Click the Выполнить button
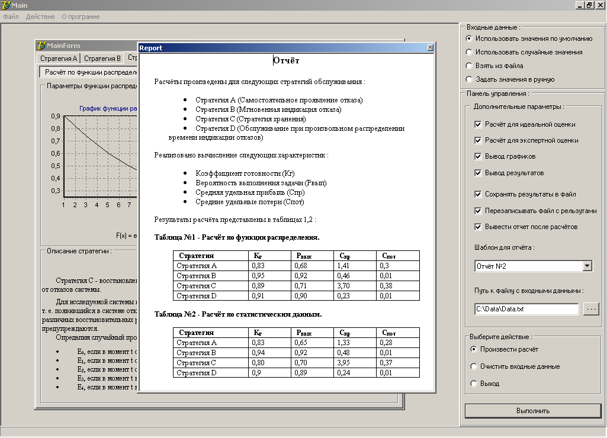tap(532, 411)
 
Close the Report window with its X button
tap(430, 48)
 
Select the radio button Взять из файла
tap(469, 66)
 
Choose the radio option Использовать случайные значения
tap(469, 52)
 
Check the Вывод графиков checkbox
tap(478, 156)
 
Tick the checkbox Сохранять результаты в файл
tap(478, 194)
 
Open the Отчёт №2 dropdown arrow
tap(587, 266)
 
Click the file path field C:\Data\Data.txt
tap(526, 309)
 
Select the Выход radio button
tap(473, 384)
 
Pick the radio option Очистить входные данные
tap(473, 366)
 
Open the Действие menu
tap(40, 17)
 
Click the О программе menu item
tap(81, 17)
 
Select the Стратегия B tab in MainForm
tap(102, 59)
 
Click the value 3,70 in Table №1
tap(346, 286)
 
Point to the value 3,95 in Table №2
tap(346, 363)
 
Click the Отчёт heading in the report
tap(287, 60)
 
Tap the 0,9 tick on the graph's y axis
tap(55, 116)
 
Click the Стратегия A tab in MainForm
tap(58, 59)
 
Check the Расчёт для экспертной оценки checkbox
tap(478, 140)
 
